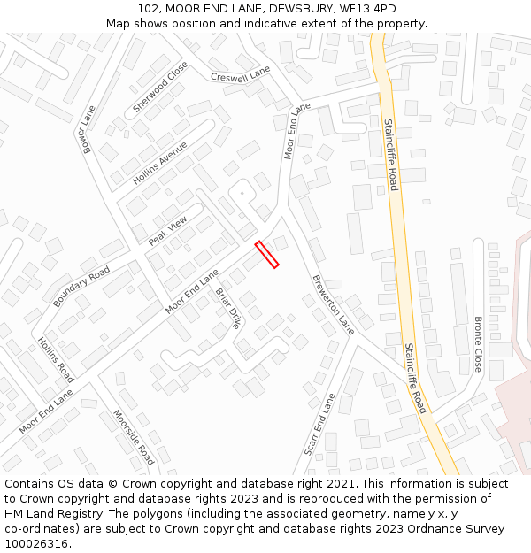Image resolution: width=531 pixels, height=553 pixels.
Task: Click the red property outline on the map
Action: click(266, 254)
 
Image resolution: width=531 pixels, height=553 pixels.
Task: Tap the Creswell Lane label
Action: click(241, 76)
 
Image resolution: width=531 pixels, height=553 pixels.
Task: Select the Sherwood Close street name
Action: click(160, 87)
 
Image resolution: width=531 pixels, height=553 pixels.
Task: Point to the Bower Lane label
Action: click(88, 130)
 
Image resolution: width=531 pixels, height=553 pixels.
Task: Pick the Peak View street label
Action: click(168, 230)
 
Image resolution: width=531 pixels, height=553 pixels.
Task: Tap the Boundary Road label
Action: click(81, 286)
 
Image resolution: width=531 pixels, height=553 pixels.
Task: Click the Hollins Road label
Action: click(56, 358)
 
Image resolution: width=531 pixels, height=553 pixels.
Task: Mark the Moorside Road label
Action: click(134, 436)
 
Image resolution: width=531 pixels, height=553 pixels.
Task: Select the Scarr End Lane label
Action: click(319, 425)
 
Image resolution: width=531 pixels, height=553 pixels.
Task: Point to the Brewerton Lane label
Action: click(333, 303)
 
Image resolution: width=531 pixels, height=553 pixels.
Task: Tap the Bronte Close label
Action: click(478, 343)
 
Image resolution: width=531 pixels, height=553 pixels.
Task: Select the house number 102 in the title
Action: click(150, 9)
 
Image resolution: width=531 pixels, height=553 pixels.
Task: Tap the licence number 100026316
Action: click(38, 544)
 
